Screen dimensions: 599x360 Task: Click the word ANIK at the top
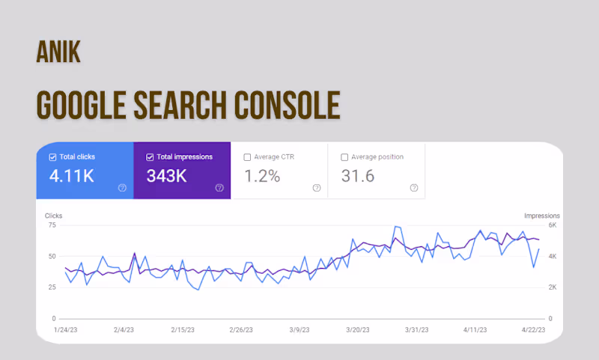click(58, 52)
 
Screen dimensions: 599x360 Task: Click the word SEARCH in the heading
click(180, 105)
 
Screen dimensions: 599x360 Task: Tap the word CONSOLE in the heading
click(287, 105)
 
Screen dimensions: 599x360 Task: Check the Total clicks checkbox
click(52, 157)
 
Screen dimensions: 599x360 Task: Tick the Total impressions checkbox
click(150, 157)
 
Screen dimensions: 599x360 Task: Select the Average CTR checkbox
click(247, 157)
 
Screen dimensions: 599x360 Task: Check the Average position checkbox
click(344, 157)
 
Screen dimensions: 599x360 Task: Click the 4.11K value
click(71, 176)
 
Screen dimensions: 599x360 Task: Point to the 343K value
click(166, 176)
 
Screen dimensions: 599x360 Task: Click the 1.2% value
click(262, 176)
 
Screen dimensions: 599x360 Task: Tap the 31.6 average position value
click(358, 176)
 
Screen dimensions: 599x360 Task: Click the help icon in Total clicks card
click(122, 188)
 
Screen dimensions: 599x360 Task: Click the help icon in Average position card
click(414, 188)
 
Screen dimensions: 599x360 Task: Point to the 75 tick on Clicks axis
click(52, 225)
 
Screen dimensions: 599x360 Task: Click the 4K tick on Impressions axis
click(553, 256)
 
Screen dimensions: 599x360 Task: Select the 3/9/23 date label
click(299, 330)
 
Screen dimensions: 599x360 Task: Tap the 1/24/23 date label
click(66, 330)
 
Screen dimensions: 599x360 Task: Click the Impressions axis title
click(541, 216)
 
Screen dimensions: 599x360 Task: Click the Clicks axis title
click(53, 216)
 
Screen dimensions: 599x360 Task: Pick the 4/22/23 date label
click(533, 330)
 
